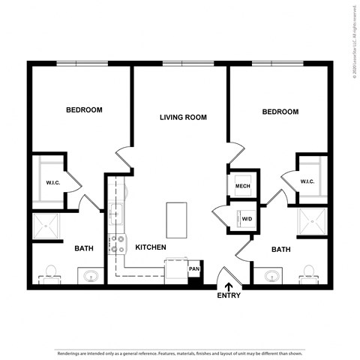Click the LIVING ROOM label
[182, 117]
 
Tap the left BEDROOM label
[84, 109]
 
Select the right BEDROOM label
[280, 112]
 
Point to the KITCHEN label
[150, 247]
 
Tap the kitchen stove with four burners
[117, 244]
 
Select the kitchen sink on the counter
[116, 213]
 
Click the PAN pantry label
[193, 268]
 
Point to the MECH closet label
[242, 186]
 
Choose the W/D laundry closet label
[245, 219]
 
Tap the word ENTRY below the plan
[229, 295]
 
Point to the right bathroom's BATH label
[280, 249]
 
